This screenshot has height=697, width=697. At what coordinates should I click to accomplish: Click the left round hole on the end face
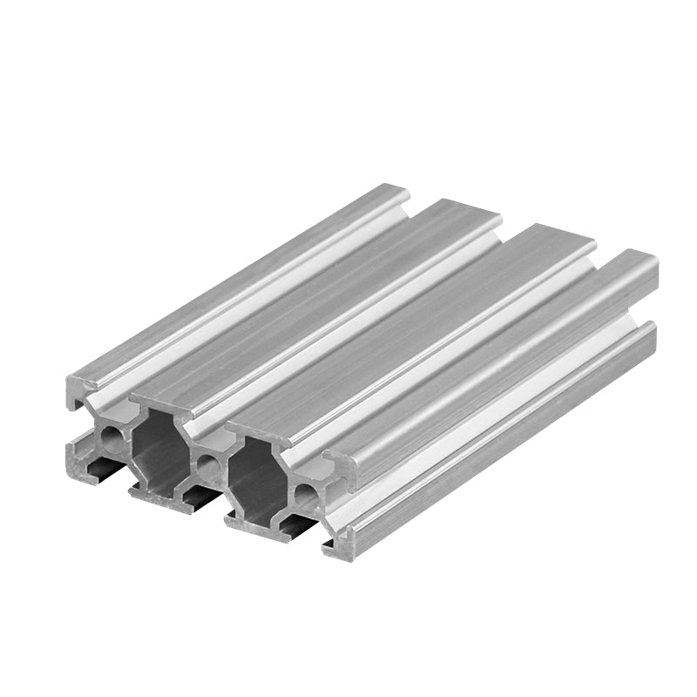[x=112, y=433]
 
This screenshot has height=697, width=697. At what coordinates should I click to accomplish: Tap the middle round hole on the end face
[x=208, y=464]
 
